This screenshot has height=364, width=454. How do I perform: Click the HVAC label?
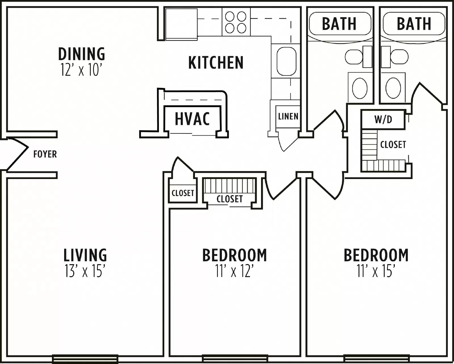[192, 119]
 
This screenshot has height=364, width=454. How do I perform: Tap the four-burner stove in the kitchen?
[236, 22]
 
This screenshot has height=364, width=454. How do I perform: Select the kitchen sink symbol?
[286, 61]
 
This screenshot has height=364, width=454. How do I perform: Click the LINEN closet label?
[288, 116]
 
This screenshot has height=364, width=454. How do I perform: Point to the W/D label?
[383, 119]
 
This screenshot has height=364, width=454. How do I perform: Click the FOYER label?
[45, 154]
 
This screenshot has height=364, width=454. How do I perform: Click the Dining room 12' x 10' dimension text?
[81, 70]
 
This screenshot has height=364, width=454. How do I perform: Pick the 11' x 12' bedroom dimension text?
[234, 271]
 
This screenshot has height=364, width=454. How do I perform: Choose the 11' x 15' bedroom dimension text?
[376, 271]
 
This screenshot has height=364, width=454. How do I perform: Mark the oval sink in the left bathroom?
[360, 88]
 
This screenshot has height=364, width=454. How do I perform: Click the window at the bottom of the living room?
[85, 359]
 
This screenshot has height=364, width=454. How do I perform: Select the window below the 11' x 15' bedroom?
[376, 359]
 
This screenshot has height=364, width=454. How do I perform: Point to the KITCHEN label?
[216, 63]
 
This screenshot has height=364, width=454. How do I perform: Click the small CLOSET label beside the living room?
[183, 193]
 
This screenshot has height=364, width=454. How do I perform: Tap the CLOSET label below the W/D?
[393, 145]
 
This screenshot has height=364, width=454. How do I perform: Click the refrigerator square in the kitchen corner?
[181, 24]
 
